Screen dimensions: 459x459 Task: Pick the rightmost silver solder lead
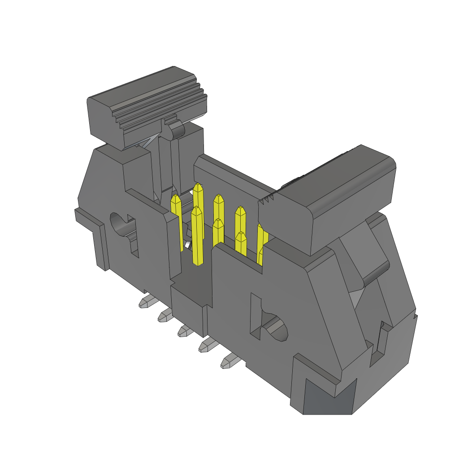point(229,361)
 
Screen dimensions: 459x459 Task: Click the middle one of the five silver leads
point(185,331)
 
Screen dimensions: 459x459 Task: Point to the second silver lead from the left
point(165,316)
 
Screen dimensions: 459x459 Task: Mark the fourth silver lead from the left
point(207,345)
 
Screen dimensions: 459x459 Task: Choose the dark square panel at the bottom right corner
point(329,397)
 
